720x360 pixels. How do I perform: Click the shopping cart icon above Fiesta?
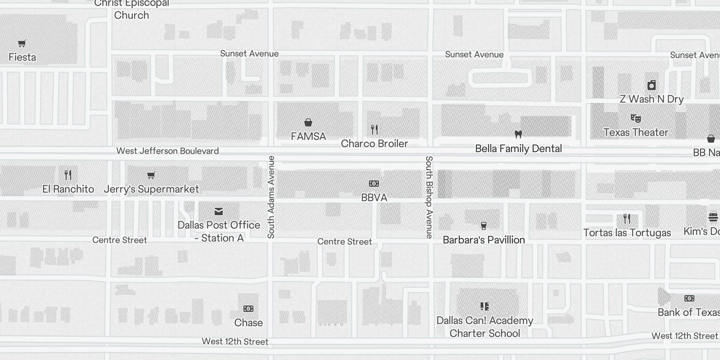tap(22, 43)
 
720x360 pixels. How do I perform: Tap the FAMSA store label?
tap(308, 136)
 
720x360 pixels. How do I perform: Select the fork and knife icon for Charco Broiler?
tap(374, 130)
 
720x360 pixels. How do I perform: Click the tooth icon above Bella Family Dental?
tap(518, 134)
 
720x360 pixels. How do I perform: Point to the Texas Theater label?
tap(635, 132)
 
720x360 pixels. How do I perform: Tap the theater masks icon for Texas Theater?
tap(635, 118)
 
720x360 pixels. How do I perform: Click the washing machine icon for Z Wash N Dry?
tap(651, 85)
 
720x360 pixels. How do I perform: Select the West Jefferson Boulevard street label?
tap(167, 151)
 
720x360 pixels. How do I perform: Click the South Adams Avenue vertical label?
tap(271, 197)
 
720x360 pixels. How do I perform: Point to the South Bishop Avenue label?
tap(429, 197)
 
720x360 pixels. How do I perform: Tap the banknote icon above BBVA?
tap(374, 184)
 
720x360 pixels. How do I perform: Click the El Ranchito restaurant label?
tap(68, 189)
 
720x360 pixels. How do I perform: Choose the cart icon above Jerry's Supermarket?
tap(151, 175)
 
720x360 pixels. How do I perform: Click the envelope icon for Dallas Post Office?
tap(219, 211)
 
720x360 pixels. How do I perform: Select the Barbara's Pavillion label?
tap(484, 240)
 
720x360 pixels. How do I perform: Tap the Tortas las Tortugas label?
tap(627, 233)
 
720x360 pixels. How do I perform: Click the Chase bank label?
tap(248, 323)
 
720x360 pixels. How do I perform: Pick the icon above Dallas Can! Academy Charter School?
tap(485, 306)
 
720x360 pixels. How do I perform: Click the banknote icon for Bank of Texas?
tap(689, 298)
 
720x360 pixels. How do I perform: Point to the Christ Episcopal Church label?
tap(131, 9)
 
